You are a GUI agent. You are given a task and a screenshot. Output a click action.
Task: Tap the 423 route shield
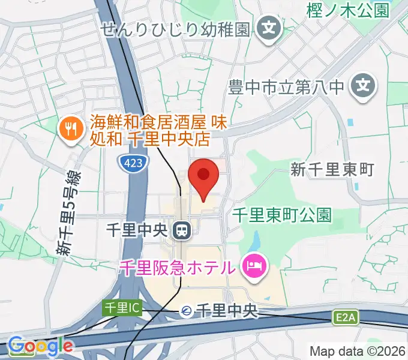(x=130, y=162)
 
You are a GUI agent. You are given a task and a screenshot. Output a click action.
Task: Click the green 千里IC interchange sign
(x=122, y=308)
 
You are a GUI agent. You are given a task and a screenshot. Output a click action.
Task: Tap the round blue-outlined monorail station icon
(x=187, y=311)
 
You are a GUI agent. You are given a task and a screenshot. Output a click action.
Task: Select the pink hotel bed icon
(x=254, y=266)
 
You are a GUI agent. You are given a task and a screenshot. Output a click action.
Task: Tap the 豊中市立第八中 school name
(x=286, y=88)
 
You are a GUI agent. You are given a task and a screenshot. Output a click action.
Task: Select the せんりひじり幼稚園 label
(x=175, y=29)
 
